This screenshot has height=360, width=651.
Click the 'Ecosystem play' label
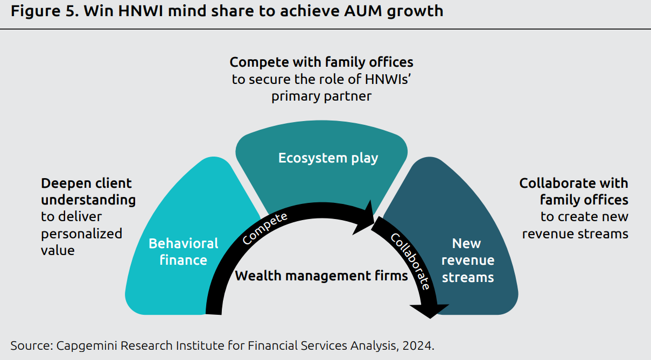coord(328,158)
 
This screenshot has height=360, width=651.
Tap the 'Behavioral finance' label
coord(184,252)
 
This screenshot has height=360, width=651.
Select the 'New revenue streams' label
coord(467,260)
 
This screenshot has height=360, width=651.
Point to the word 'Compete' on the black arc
coord(265,228)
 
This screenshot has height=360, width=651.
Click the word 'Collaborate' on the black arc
coord(410,262)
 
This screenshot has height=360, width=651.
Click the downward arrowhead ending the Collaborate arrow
coord(430,310)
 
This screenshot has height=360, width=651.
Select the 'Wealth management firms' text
coord(321,276)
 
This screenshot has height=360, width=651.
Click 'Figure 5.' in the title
coord(45,11)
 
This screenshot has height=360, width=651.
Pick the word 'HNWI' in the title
coord(140,11)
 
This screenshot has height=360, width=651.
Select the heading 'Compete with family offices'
coord(321,62)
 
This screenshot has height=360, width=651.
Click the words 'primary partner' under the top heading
coord(321,97)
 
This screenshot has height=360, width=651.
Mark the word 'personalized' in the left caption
coord(82,234)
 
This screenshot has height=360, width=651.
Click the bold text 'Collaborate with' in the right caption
coord(573,183)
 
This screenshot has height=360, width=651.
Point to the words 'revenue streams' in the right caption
coord(575,234)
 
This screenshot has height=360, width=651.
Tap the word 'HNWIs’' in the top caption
coord(388,79)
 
